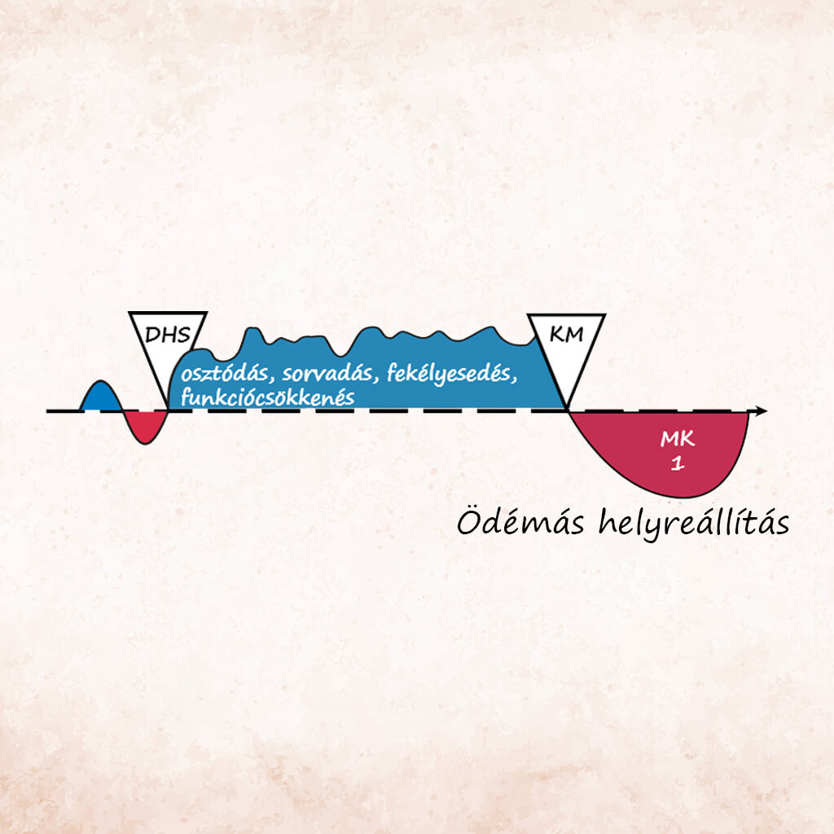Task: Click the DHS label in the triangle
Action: (x=168, y=335)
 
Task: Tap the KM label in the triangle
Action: (x=566, y=335)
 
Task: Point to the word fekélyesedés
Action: (x=451, y=374)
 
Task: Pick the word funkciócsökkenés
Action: (x=267, y=397)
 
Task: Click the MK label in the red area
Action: (x=677, y=439)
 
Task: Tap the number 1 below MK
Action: (x=677, y=463)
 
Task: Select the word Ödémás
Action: (x=520, y=522)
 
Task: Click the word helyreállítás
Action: (x=694, y=522)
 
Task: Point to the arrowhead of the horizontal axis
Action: (x=762, y=410)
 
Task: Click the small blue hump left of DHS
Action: (x=101, y=397)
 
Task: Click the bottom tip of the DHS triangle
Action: (x=168, y=409)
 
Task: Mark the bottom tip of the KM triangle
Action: (x=568, y=410)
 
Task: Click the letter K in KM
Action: (x=557, y=335)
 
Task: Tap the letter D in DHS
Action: (x=152, y=336)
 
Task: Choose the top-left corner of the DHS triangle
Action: (x=129, y=313)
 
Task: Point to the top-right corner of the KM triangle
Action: (x=605, y=315)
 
